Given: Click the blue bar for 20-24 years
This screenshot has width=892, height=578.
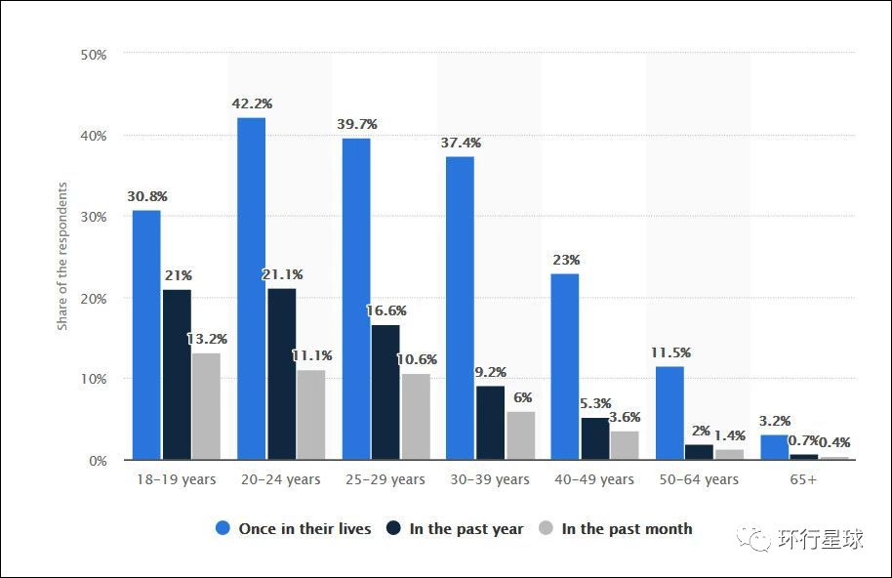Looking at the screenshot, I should (x=251, y=288).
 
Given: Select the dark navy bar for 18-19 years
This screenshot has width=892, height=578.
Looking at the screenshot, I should (x=177, y=374).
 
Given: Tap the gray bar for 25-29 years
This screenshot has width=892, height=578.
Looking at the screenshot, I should (x=416, y=416).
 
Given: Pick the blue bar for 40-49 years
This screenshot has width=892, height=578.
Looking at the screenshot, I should (x=565, y=366).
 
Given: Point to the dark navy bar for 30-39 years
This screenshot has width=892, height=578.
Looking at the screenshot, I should (x=490, y=422).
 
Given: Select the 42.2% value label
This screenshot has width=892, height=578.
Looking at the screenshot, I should (x=252, y=103).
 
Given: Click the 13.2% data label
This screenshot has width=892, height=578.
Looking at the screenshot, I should (x=207, y=339).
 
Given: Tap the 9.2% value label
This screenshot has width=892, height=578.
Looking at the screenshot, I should (x=490, y=372).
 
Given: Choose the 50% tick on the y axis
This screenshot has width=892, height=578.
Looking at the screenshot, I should (x=93, y=54).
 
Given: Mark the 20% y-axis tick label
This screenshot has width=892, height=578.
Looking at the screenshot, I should (x=93, y=298).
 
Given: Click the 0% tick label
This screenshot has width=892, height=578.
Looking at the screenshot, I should (x=97, y=460).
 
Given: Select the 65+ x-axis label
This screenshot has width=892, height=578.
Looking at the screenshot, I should (x=802, y=479).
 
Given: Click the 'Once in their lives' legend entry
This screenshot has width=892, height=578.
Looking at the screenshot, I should (x=294, y=529).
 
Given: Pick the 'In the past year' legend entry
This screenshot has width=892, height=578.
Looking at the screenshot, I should (x=455, y=529).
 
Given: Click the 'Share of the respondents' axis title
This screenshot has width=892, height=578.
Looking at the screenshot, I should (x=62, y=256).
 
